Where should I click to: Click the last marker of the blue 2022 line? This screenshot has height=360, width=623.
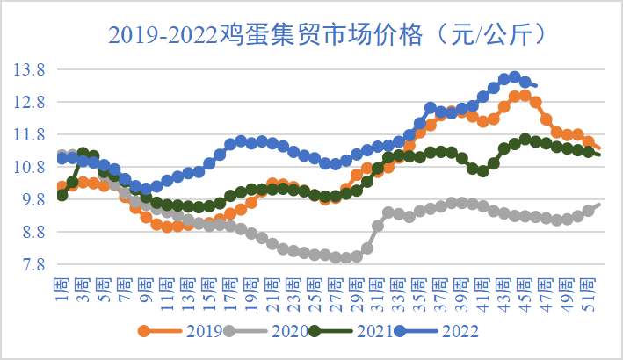(535, 85)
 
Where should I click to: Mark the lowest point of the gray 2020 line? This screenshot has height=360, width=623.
(346, 257)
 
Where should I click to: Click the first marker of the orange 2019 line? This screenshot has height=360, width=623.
(62, 187)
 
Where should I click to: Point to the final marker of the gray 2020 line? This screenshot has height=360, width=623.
(598, 205)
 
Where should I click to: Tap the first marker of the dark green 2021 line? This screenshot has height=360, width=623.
(62, 195)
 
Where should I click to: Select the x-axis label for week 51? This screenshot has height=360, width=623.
(588, 285)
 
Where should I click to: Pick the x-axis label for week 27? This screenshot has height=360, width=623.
(335, 285)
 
